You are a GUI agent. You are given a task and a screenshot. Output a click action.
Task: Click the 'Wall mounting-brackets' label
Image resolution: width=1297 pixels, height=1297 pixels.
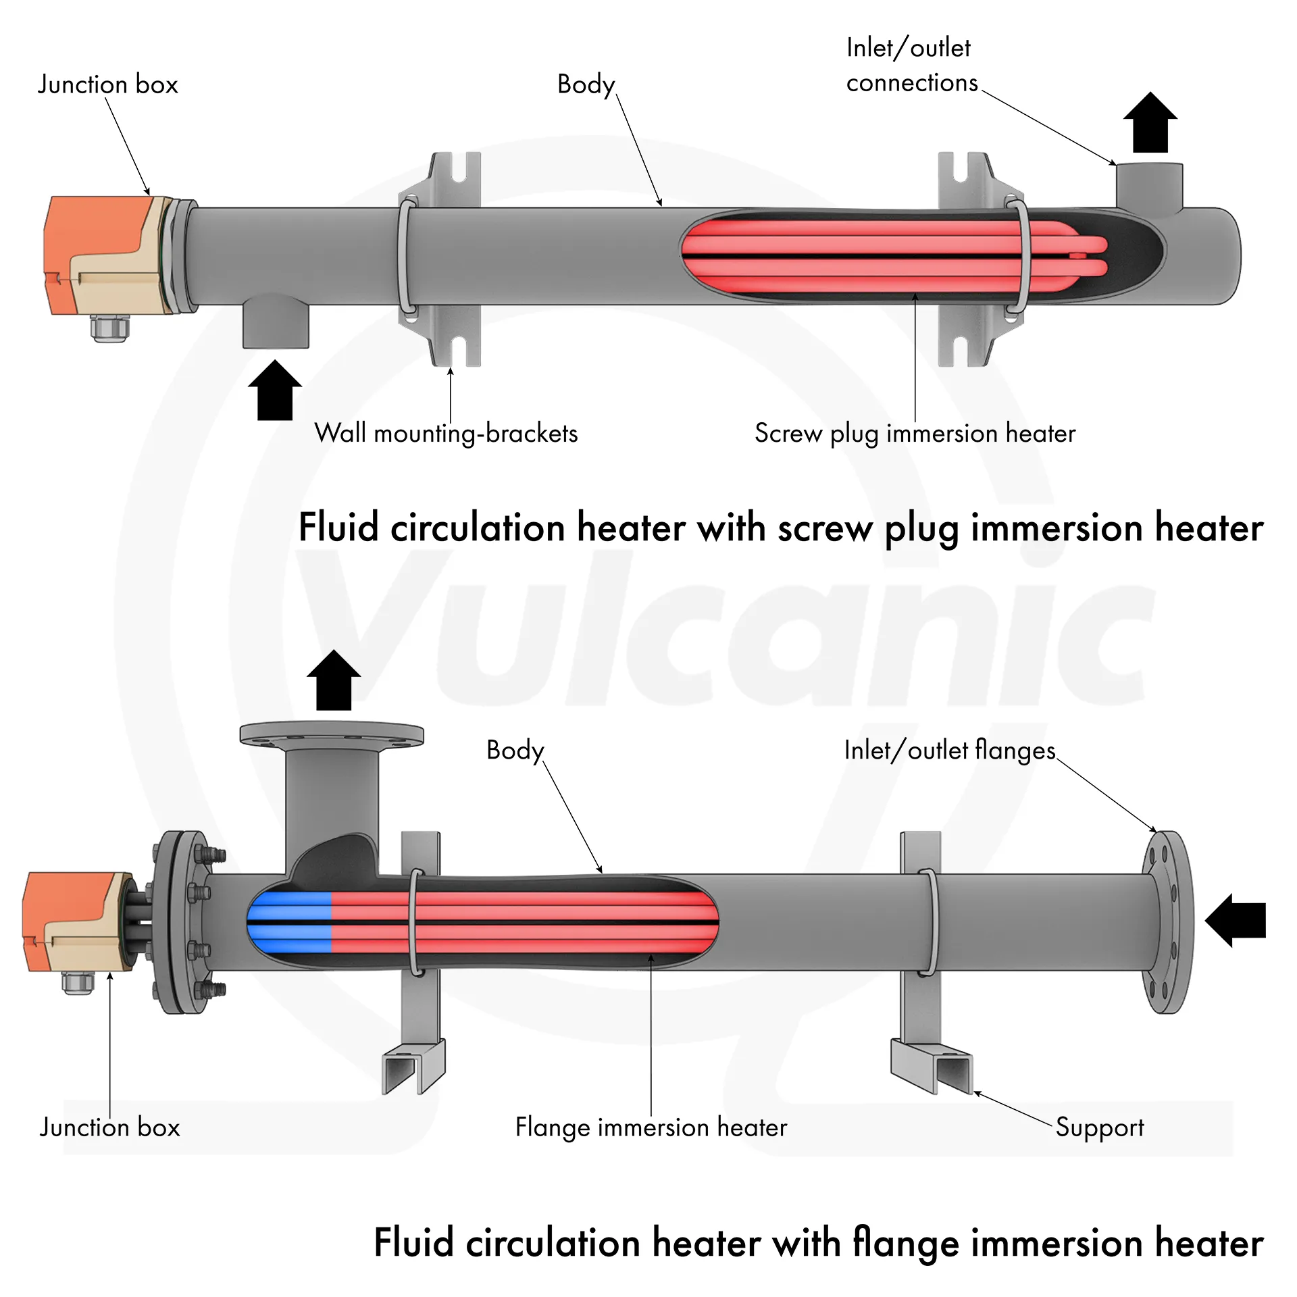446,434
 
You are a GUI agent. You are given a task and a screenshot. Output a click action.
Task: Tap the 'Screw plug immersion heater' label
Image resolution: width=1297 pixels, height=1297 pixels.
915,434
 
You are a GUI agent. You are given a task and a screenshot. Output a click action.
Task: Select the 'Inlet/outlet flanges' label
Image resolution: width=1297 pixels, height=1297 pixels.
949,751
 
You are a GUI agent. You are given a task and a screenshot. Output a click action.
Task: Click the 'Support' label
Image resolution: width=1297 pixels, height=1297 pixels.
1100,1127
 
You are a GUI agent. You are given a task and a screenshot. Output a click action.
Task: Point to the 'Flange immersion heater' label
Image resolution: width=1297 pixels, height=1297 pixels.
651,1127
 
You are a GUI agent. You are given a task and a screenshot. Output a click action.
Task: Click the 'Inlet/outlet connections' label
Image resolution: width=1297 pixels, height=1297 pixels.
911,66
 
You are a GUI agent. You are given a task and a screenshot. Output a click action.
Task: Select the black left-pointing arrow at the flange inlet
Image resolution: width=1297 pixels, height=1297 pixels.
1235,920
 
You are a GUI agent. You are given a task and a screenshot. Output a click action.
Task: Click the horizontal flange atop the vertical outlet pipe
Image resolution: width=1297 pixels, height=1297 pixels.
332,735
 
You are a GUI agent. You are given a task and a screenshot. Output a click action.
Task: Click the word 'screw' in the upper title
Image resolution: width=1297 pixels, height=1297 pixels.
825,529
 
